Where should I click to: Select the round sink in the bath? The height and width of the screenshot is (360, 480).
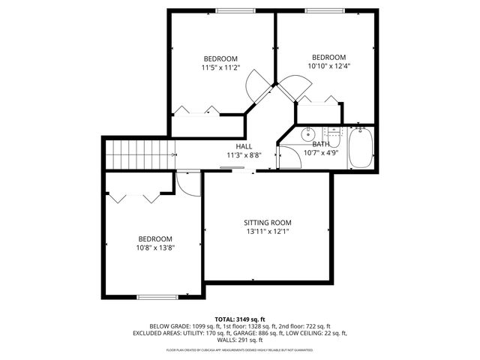click(x=306, y=136)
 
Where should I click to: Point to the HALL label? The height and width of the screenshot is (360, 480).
click(x=244, y=146)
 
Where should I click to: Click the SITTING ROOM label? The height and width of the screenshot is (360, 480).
click(x=267, y=223)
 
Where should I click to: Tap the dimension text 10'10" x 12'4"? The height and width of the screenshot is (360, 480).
click(x=328, y=66)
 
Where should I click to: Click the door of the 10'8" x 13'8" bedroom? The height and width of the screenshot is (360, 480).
click(x=190, y=184)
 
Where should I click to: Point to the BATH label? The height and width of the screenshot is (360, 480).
click(x=321, y=144)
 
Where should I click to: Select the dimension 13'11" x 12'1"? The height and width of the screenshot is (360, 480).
click(x=267, y=232)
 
